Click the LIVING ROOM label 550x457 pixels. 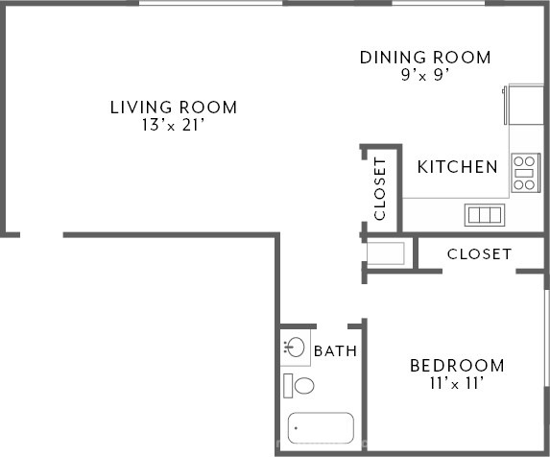click(174, 108)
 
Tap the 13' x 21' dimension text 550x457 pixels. click(174, 125)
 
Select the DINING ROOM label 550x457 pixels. click(425, 58)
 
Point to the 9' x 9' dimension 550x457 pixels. click(425, 75)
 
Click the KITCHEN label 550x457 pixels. click(458, 167)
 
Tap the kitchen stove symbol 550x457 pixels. click(525, 173)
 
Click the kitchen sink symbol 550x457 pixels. click(485, 215)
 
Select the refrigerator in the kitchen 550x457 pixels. click(523, 104)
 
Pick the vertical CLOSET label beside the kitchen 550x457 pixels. click(380, 189)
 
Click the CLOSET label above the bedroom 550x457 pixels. click(479, 254)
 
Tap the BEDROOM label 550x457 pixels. click(458, 366)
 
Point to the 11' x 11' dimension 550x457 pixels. click(457, 383)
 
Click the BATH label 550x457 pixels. click(335, 351)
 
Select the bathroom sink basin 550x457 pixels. click(294, 348)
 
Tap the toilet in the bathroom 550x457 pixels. click(299, 386)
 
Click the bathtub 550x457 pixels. click(321, 428)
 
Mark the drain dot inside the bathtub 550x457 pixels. click(296, 428)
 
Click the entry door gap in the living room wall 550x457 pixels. click(41, 234)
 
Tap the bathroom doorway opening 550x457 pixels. click(332, 326)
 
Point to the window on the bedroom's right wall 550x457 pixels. click(547, 338)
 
